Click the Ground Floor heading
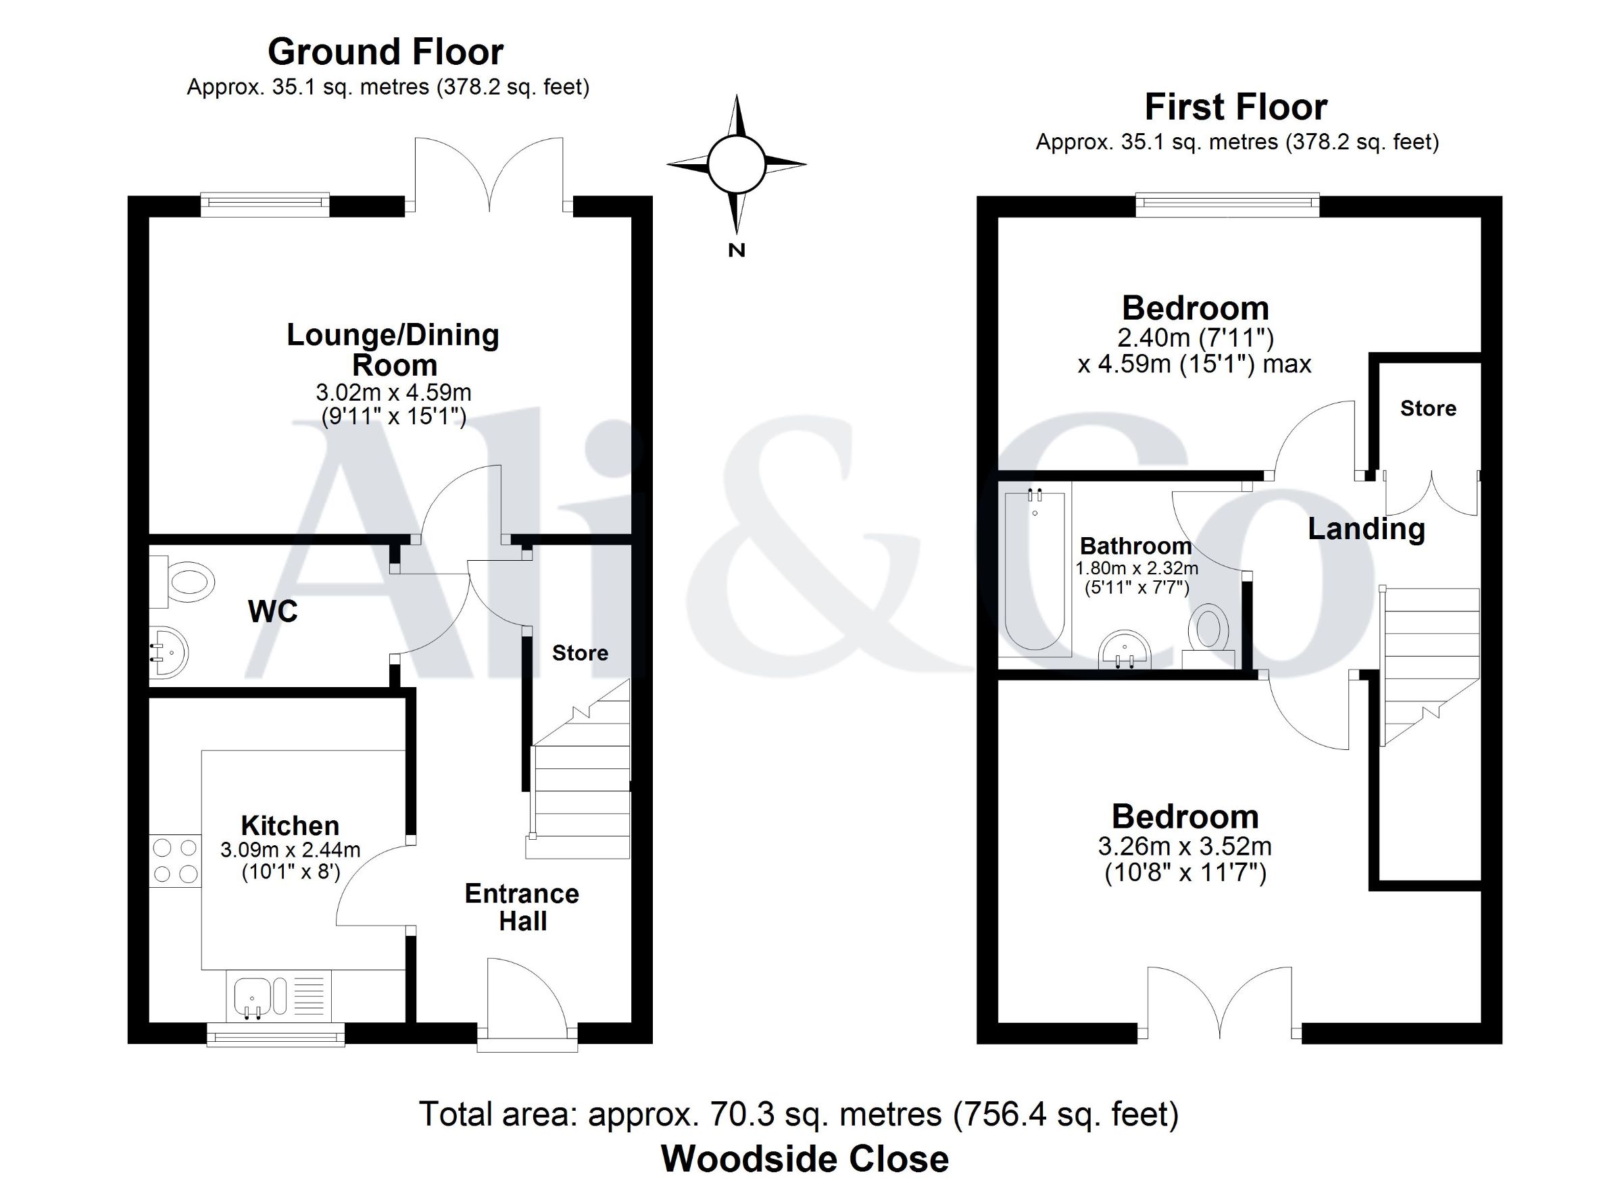pyautogui.click(x=385, y=51)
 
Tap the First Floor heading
pyautogui.click(x=1236, y=107)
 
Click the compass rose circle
pyautogui.click(x=736, y=164)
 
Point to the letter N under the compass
pyautogui.click(x=737, y=250)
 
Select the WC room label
pyautogui.click(x=272, y=611)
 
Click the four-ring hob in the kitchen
pyautogui.click(x=175, y=861)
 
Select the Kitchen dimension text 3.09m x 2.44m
pyautogui.click(x=291, y=850)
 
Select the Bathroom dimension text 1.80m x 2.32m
pyautogui.click(x=1136, y=568)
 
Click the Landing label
pyautogui.click(x=1367, y=530)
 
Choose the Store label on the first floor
pyautogui.click(x=1428, y=408)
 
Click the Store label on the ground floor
pyautogui.click(x=580, y=653)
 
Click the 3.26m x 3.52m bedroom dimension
pyautogui.click(x=1185, y=847)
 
